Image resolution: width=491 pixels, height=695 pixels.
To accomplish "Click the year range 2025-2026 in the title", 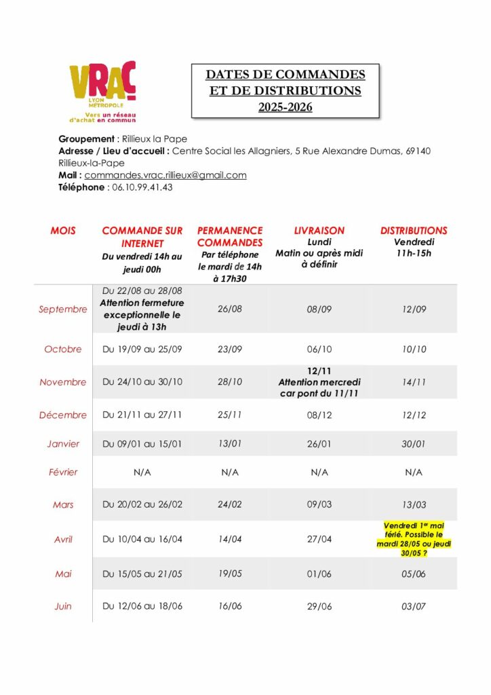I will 285,107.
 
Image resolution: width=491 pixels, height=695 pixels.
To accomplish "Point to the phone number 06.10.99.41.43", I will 142,187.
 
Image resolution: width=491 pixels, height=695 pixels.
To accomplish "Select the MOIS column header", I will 63,231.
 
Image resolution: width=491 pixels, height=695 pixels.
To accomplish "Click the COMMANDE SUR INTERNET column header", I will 142,237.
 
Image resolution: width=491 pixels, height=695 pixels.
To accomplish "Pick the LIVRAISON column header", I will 319,231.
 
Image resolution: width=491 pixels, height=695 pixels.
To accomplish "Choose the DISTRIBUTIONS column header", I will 414,231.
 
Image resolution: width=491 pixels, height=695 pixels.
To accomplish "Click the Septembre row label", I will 63,309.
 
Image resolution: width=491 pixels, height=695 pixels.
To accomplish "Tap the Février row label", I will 63,472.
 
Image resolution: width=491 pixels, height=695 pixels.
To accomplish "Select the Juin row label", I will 63,607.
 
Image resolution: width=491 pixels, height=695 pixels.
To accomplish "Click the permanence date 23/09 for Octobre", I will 230,350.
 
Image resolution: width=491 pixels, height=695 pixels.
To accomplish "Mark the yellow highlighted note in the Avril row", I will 414,539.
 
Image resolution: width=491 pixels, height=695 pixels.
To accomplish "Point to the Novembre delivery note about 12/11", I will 319,382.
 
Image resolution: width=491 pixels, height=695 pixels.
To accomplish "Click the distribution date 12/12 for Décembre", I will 414,415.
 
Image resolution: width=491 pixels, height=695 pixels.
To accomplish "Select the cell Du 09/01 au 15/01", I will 142,444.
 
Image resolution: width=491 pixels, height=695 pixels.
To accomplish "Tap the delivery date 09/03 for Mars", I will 319,505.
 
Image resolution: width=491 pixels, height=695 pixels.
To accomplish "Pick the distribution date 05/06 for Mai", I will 414,574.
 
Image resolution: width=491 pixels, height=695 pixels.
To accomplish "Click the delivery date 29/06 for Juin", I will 319,607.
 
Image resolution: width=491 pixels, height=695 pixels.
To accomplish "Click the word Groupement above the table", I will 83,139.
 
